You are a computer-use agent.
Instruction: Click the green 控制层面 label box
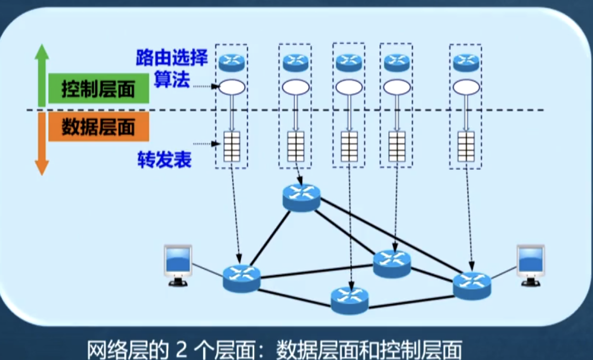[99, 89]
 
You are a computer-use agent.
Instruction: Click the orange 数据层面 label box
[99, 127]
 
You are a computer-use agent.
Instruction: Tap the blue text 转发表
[164, 159]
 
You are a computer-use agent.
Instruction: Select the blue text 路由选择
[172, 58]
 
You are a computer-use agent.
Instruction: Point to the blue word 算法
[172, 80]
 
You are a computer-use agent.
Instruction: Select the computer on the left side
[178, 265]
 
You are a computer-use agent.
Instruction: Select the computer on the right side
[531, 265]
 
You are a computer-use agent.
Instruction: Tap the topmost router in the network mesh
[301, 197]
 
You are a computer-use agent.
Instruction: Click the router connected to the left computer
[241, 278]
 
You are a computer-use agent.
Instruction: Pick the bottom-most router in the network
[349, 300]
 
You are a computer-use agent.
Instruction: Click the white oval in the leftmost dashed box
[232, 87]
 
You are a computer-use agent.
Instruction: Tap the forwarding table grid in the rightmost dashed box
[466, 146]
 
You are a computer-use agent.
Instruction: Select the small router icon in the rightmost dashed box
[466, 62]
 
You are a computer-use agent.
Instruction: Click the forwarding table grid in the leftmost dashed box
[232, 146]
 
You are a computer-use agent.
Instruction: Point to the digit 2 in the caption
[181, 349]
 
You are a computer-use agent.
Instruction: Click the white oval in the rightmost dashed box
[466, 87]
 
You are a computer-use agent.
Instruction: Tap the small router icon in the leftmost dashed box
[232, 62]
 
